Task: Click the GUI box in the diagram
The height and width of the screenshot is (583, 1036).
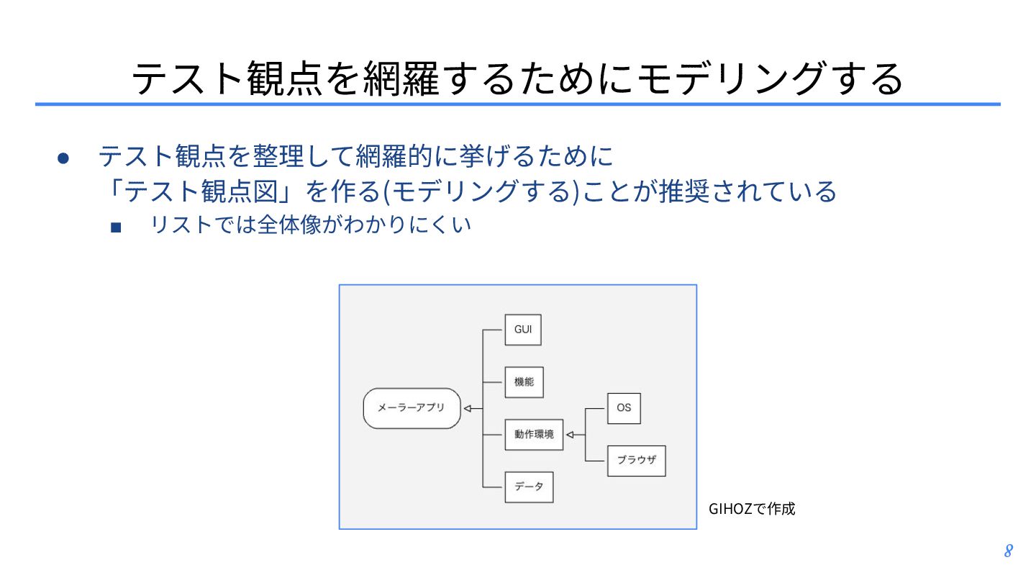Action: (x=522, y=330)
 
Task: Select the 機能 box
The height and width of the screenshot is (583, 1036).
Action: (x=524, y=382)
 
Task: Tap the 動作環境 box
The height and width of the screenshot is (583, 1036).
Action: (x=534, y=435)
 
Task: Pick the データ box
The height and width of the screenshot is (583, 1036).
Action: (x=529, y=487)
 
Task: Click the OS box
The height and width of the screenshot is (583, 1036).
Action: (x=624, y=407)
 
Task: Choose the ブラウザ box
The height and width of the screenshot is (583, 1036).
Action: (x=636, y=461)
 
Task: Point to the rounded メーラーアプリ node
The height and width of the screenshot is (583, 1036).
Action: (x=412, y=408)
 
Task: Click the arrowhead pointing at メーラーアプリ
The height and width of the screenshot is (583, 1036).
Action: (x=468, y=409)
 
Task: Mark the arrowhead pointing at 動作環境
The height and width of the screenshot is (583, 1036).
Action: (x=571, y=435)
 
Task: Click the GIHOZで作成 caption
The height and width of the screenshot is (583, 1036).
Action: (x=752, y=509)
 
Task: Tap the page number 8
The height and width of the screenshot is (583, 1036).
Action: (x=1008, y=551)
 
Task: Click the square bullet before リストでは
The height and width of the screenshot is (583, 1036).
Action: (x=116, y=227)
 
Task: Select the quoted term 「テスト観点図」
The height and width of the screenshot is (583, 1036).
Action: (x=201, y=191)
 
